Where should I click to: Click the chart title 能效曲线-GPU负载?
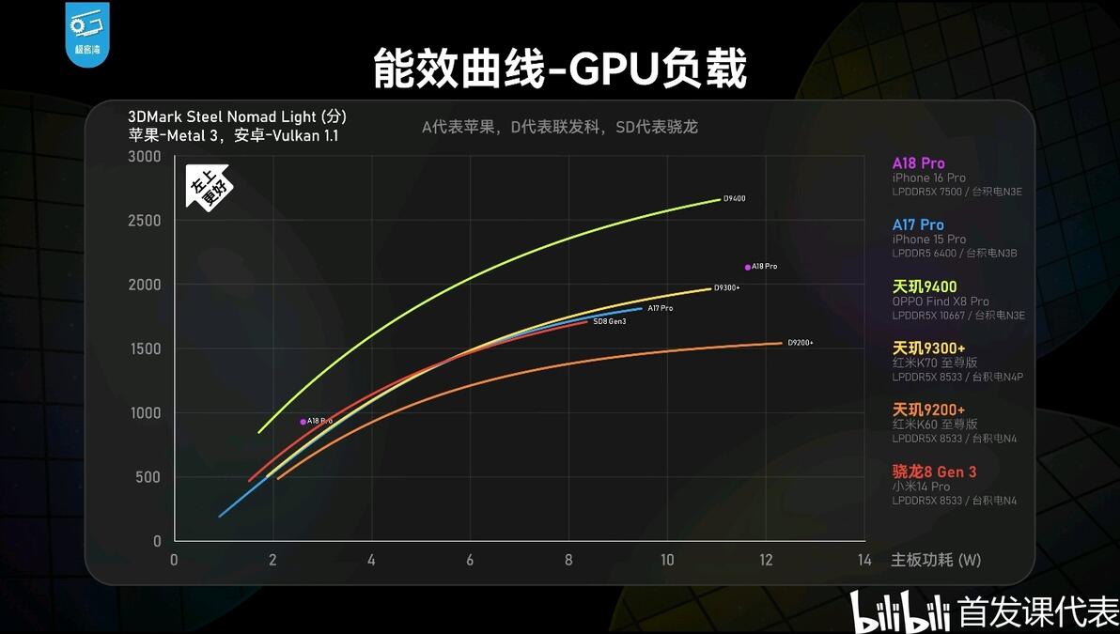point(560,69)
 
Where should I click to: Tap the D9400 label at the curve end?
point(734,199)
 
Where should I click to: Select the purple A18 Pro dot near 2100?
point(748,267)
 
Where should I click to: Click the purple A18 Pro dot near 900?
point(303,422)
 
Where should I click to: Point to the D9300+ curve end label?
point(727,287)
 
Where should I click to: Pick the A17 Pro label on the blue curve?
point(660,308)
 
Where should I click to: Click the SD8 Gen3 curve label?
point(609,321)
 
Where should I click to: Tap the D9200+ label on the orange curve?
point(800,343)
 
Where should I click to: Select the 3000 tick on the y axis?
point(145,157)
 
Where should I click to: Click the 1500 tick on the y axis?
point(145,349)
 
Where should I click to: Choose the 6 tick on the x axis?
point(470,560)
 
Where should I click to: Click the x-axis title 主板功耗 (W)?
point(936,560)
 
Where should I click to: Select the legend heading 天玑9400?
point(925,286)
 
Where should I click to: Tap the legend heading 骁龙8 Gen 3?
point(934,472)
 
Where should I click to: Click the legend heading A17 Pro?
point(918,224)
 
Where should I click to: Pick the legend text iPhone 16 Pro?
point(928,178)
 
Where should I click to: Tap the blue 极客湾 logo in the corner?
point(86,34)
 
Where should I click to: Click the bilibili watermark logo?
point(899,611)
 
